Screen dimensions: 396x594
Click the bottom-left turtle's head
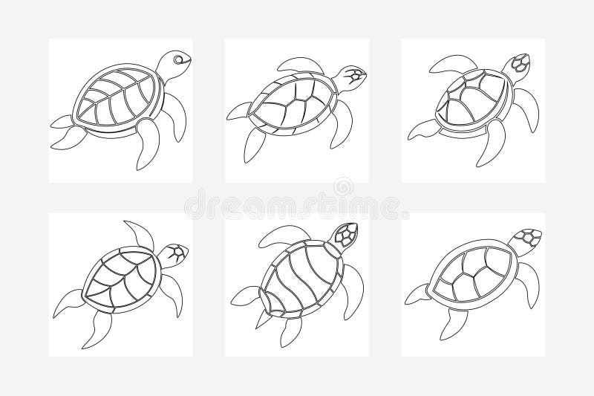[176, 254]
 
